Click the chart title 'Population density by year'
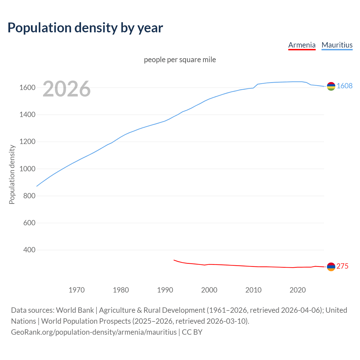(x=85, y=28)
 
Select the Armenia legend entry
(x=302, y=45)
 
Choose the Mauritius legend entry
(x=337, y=45)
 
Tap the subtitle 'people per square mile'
(x=180, y=60)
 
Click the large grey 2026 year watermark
(x=67, y=89)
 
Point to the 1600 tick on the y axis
(x=27, y=87)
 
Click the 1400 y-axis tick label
(x=27, y=114)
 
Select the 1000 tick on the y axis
(x=27, y=169)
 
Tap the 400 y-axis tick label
(x=29, y=250)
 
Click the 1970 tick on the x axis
(x=76, y=290)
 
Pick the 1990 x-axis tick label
(x=165, y=290)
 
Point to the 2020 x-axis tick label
(x=298, y=290)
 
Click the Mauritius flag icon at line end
(x=331, y=86)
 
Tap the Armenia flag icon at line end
(x=331, y=267)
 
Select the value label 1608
(x=345, y=86)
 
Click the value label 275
(x=342, y=266)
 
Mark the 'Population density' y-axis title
(x=12, y=174)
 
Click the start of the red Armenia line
(x=174, y=260)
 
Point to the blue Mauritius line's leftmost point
(x=37, y=186)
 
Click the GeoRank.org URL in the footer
(x=94, y=332)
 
